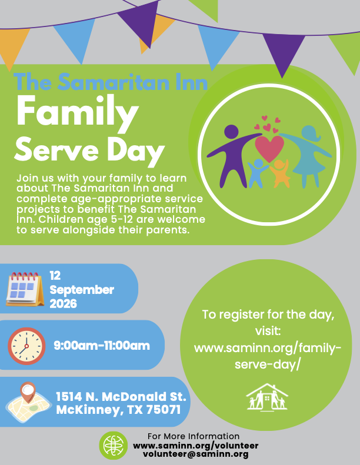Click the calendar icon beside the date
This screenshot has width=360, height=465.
click(x=25, y=289)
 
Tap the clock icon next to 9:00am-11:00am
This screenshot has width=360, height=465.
click(x=26, y=346)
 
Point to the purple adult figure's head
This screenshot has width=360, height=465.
click(x=232, y=132)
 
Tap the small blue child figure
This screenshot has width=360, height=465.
click(x=257, y=173)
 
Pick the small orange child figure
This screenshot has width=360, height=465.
click(x=279, y=174)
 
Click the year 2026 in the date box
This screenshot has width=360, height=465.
click(x=63, y=304)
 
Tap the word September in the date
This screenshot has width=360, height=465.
click(x=82, y=290)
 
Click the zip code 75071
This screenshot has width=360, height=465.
click(x=164, y=410)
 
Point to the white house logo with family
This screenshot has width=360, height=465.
click(x=267, y=397)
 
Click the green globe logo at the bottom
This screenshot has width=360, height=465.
click(x=114, y=446)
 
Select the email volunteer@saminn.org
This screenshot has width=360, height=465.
click(x=195, y=454)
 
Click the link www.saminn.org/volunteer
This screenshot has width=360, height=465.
click(x=195, y=446)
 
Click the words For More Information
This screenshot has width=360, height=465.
click(x=194, y=436)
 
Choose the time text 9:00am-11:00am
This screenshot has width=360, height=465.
click(x=102, y=346)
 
